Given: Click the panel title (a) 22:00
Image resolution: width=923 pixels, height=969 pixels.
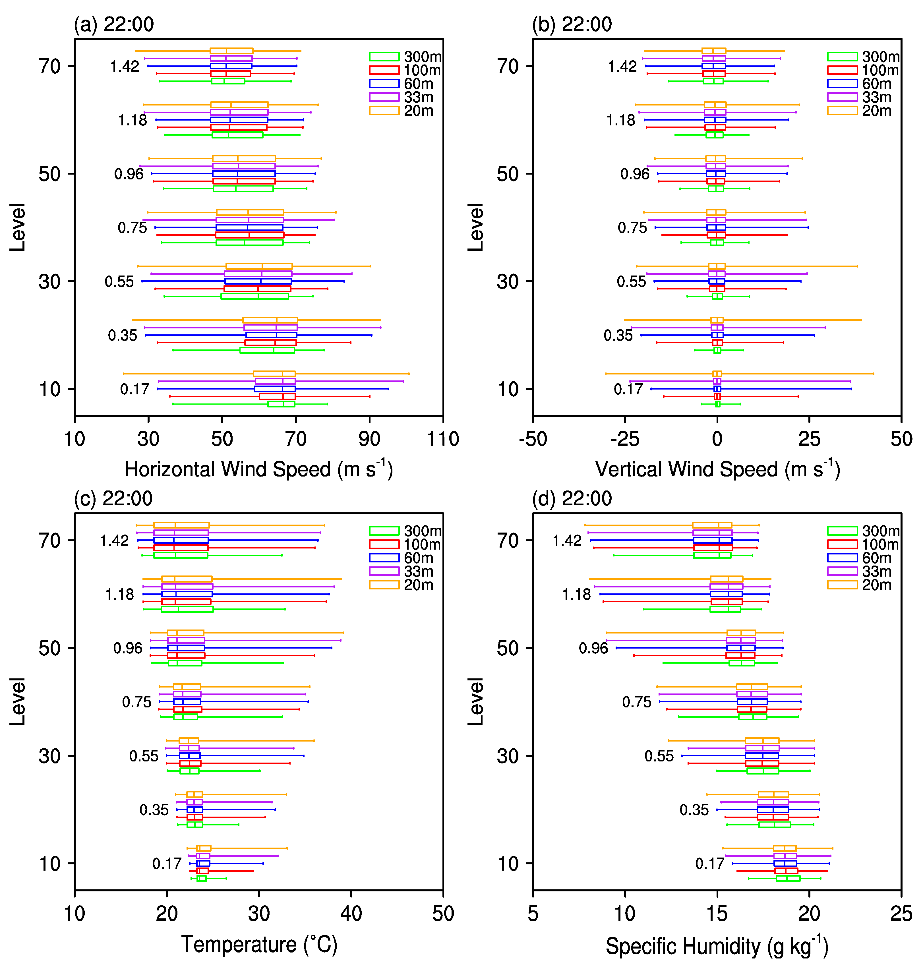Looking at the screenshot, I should coord(114,24).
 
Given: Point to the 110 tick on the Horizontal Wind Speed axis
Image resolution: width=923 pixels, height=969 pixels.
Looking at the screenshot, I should coord(443,439).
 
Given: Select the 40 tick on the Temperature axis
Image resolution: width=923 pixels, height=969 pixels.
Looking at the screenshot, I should coord(351,914).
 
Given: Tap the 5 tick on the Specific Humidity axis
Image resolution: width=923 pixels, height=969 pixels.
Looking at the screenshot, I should coord(533,914).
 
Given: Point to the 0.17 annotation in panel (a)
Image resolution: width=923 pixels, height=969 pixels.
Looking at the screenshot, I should coord(134,389).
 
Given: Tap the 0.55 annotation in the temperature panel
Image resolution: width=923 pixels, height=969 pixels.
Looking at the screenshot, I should coord(144,756).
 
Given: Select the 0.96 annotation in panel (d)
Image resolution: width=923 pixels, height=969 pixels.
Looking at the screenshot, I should coord(593,648).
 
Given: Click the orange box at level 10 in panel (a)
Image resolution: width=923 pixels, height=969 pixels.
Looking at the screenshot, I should coord(274,374).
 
